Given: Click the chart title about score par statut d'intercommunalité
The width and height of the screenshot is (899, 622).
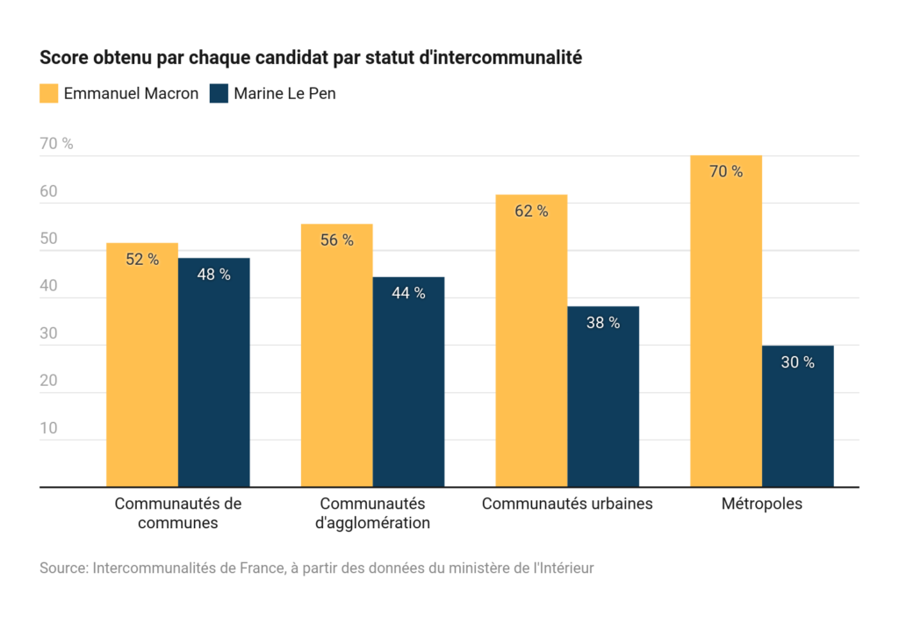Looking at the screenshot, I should pyautogui.click(x=311, y=59).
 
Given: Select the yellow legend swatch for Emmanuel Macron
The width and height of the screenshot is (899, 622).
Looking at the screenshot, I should pyautogui.click(x=49, y=93).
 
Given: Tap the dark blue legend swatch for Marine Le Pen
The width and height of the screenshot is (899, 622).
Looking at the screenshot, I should pyautogui.click(x=219, y=93).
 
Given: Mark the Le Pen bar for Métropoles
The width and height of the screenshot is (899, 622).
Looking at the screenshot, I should pyautogui.click(x=797, y=416).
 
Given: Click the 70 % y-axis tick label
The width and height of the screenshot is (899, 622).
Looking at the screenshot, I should pyautogui.click(x=56, y=144).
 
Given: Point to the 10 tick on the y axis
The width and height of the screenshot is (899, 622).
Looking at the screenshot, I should pyautogui.click(x=48, y=428).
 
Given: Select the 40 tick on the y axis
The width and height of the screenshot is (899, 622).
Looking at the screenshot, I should pyautogui.click(x=48, y=286).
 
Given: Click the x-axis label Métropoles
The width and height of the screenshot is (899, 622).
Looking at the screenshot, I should pyautogui.click(x=762, y=504).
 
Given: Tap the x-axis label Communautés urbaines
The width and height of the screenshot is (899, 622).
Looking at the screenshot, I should pyautogui.click(x=567, y=504).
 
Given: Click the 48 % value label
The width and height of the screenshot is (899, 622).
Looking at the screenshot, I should pyautogui.click(x=213, y=275).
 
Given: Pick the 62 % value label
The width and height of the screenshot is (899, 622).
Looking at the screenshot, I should pyautogui.click(x=531, y=211).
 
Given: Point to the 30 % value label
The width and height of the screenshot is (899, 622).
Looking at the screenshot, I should pyautogui.click(x=797, y=362).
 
